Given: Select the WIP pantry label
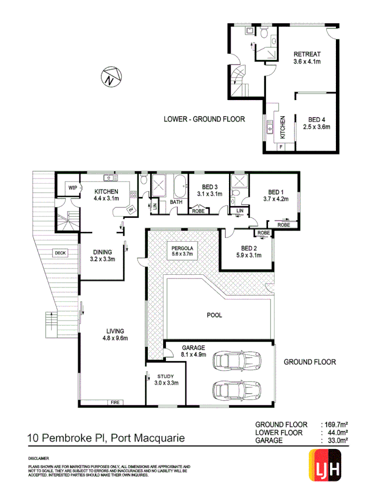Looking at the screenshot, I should point(72,187).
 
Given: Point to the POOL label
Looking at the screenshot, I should point(214,315).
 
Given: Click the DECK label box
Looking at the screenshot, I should point(60,253).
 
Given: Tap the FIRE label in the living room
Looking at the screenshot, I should point(115,403).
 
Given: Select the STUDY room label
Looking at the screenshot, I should point(167,376).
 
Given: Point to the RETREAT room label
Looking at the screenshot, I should point(307,54).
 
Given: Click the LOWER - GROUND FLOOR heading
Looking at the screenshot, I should point(204,119).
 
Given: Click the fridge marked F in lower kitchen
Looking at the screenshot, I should point(281,146).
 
